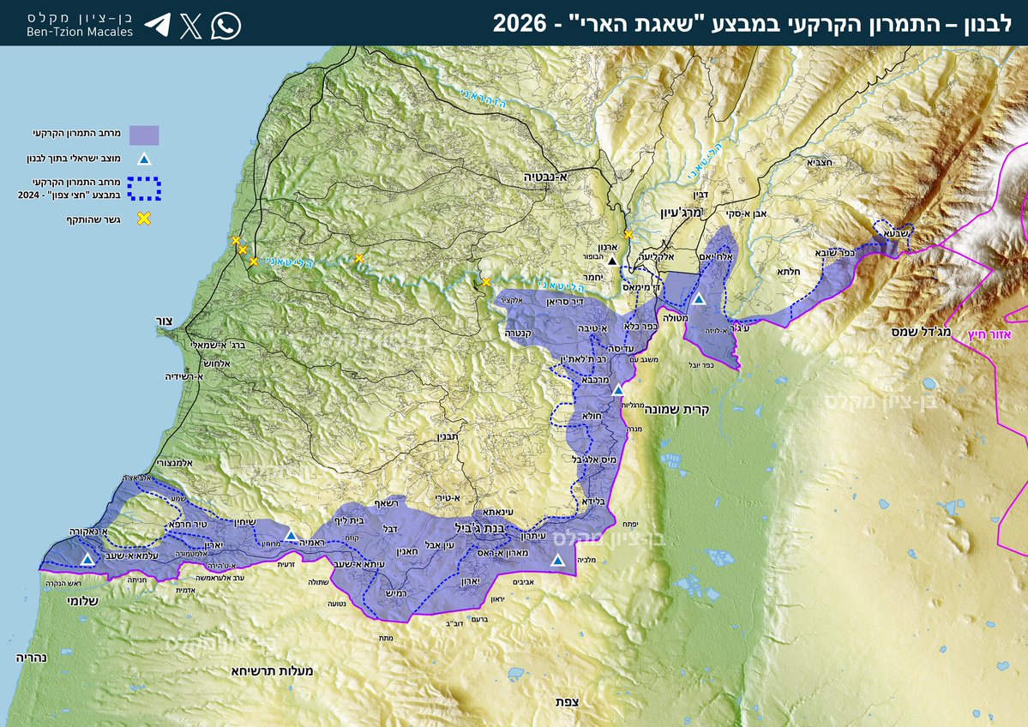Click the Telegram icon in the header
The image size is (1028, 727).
(157, 25)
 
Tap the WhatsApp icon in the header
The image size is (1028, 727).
(225, 26)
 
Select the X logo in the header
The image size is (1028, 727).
(191, 26)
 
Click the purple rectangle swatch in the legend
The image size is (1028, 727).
(144, 135)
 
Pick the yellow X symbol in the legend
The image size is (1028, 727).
(144, 218)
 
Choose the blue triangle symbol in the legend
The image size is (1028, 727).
(144, 159)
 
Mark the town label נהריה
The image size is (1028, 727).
(31, 658)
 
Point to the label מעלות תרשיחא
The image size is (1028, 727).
(271, 670)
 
